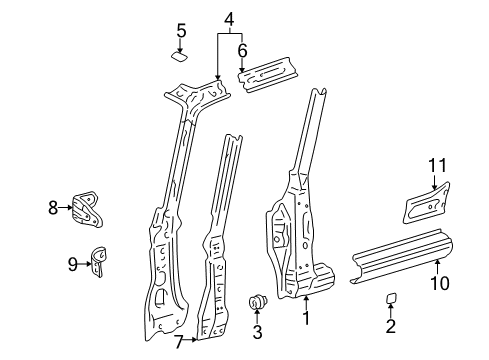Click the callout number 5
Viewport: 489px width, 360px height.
click(x=181, y=31)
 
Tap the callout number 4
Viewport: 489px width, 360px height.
click(x=229, y=18)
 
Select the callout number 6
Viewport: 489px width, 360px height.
click(x=242, y=50)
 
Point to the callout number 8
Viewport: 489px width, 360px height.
click(x=53, y=208)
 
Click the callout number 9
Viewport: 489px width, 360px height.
click(x=73, y=264)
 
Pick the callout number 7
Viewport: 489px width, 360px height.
click(x=178, y=343)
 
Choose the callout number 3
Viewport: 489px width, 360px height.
click(x=257, y=332)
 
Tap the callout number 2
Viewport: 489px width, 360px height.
click(x=391, y=325)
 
